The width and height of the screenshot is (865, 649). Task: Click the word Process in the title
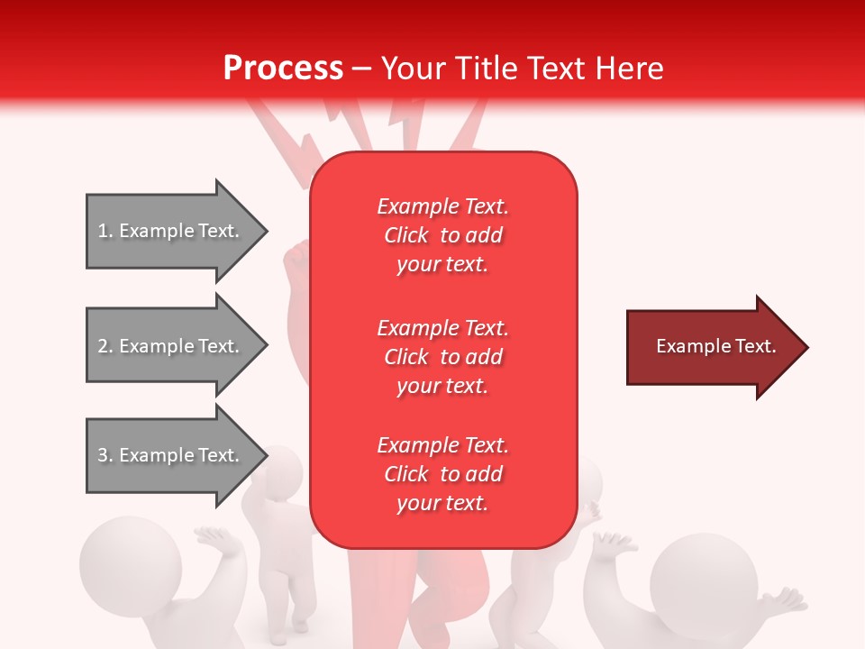pos(283,69)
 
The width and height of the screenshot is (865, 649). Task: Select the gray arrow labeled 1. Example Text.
pos(171,231)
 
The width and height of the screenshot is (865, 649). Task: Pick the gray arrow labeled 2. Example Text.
pos(171,346)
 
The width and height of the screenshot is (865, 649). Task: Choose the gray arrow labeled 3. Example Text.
pos(171,455)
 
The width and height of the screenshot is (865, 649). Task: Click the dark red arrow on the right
pos(712,347)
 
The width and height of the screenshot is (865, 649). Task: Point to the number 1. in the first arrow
pos(105,231)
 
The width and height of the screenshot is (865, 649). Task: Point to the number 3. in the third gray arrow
pos(105,455)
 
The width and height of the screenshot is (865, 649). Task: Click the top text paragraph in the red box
pos(442,235)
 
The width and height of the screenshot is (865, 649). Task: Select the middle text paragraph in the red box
pos(442,356)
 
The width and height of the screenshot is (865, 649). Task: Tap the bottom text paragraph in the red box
pos(442,474)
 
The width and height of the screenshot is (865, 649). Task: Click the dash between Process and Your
pos(362,69)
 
